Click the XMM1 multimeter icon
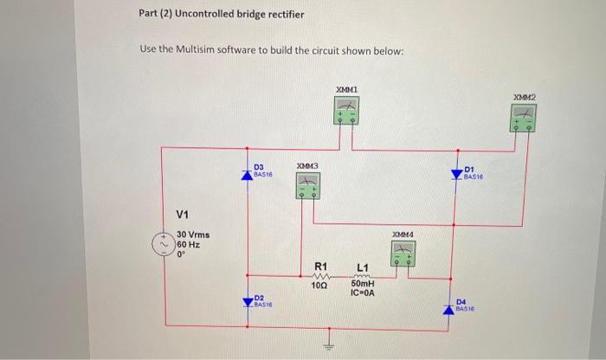pos(346,112)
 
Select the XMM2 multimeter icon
pos(525,117)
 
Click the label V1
pos(183,215)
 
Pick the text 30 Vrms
pos(192,235)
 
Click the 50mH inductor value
pos(363,284)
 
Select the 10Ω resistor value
pos(319,285)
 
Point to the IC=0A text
pos(363,293)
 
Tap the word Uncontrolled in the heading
pos(212,15)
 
